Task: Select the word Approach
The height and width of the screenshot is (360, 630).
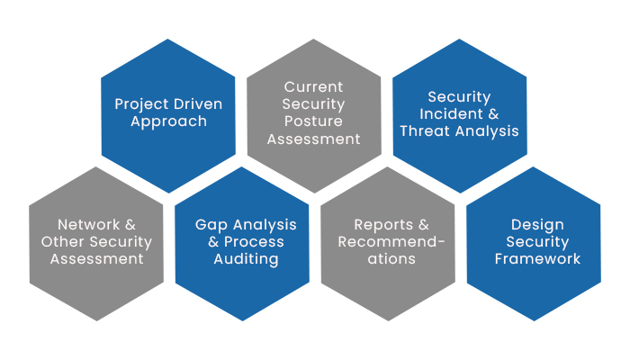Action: pyautogui.click(x=169, y=121)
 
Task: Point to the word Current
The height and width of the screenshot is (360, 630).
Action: pyautogui.click(x=313, y=86)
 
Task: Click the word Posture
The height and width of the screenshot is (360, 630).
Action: pyautogui.click(x=313, y=121)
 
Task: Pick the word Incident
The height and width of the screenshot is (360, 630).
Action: pyautogui.click(x=451, y=113)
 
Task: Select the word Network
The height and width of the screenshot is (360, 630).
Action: pyautogui.click(x=89, y=225)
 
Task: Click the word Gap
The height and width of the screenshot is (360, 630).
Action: pyautogui.click(x=211, y=225)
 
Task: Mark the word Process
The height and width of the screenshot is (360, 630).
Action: pyautogui.click(x=254, y=242)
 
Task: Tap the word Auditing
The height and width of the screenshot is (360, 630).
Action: pyautogui.click(x=246, y=259)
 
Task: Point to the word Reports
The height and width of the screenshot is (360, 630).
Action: pyautogui.click(x=383, y=225)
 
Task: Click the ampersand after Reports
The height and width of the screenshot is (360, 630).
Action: pyautogui.click(x=424, y=225)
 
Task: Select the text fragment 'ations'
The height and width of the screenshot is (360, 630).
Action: pyautogui.click(x=391, y=259)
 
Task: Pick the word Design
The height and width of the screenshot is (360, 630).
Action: pyautogui.click(x=537, y=225)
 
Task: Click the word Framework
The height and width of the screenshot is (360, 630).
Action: pyautogui.click(x=537, y=259)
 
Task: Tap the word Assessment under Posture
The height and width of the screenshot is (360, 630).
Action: pyautogui.click(x=314, y=139)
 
